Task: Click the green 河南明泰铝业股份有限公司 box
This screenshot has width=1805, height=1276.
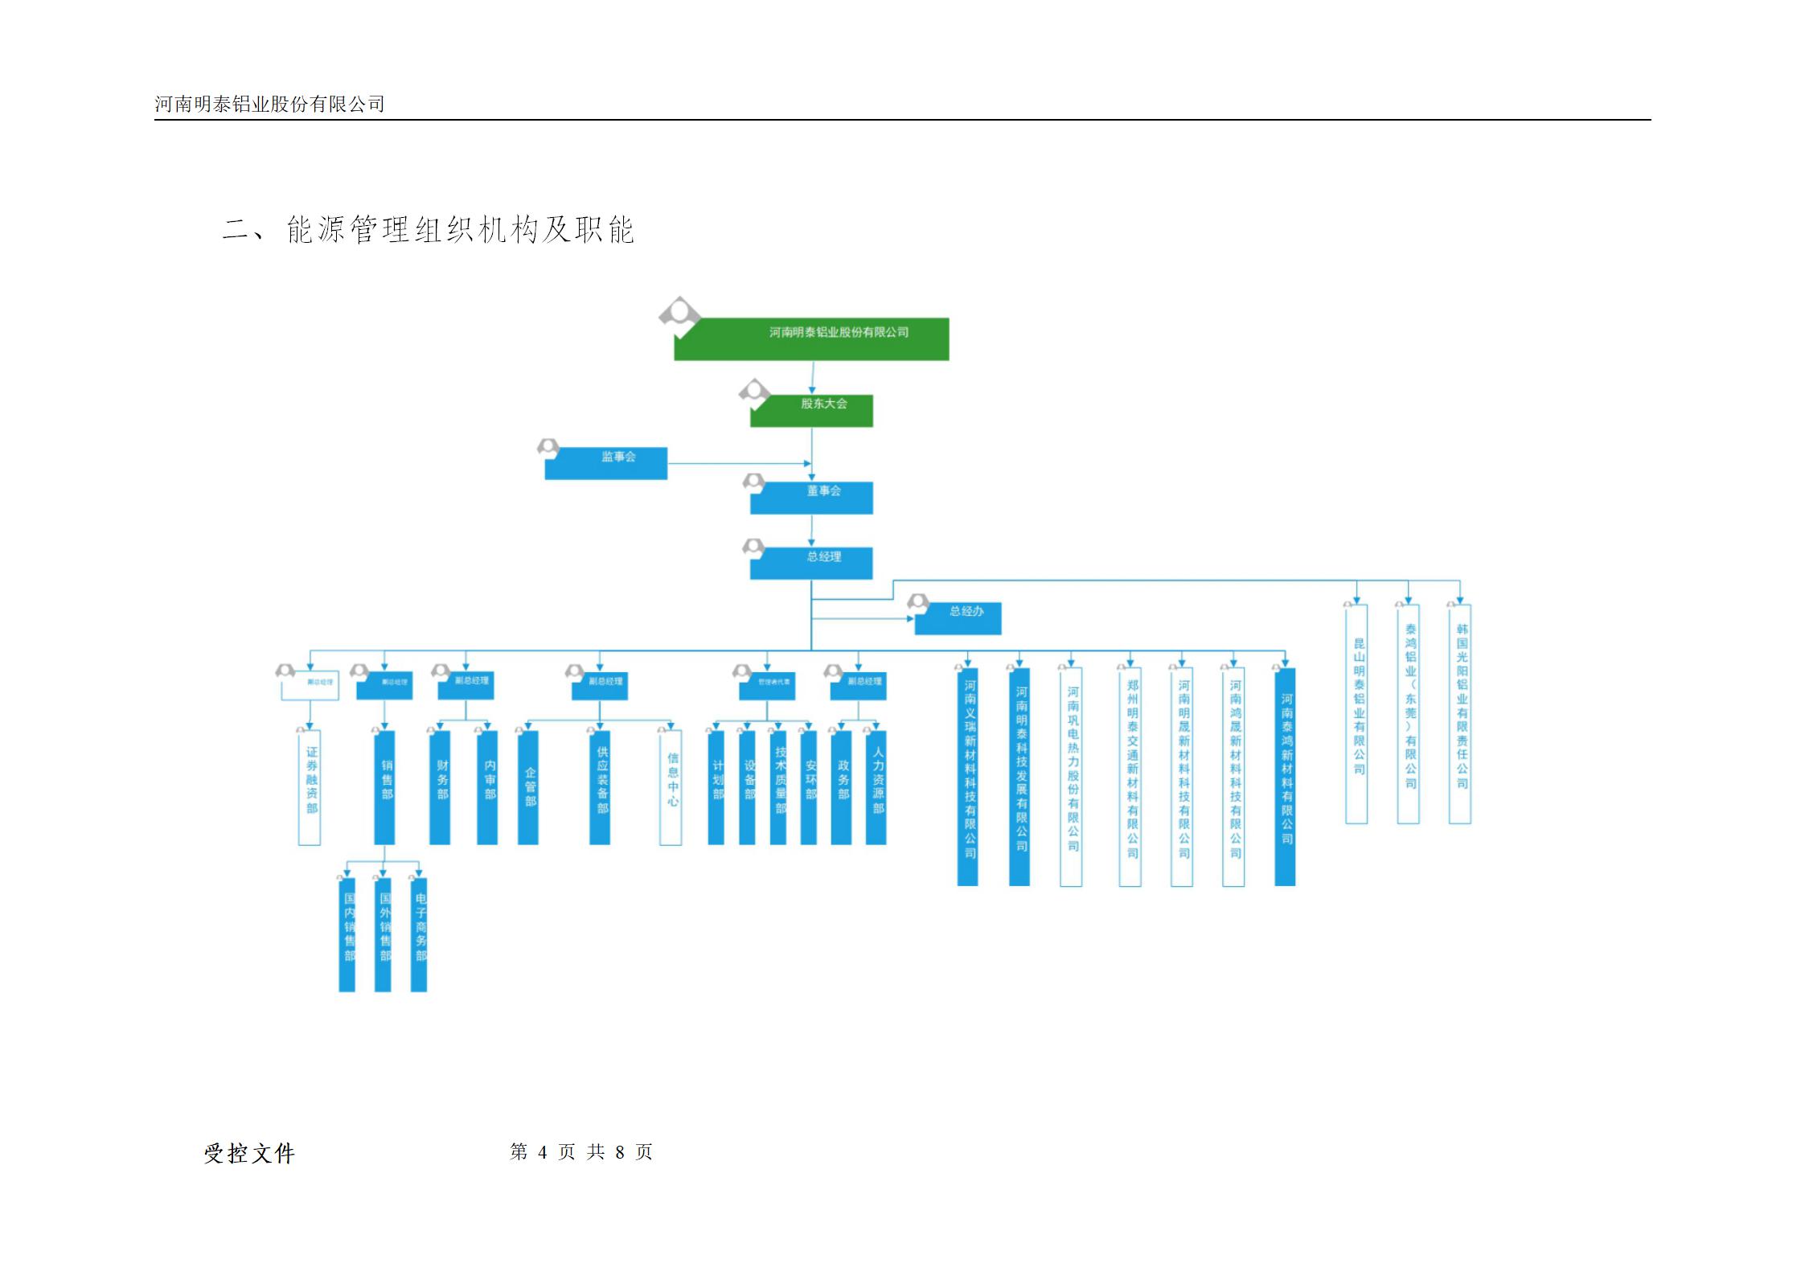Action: pos(811,338)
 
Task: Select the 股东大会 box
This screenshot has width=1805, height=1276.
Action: pos(811,410)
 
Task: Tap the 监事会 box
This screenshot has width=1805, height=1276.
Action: pos(605,463)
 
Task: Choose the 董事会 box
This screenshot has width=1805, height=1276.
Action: pos(811,497)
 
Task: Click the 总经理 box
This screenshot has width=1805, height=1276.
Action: pos(811,563)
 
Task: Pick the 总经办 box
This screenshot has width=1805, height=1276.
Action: pos(958,618)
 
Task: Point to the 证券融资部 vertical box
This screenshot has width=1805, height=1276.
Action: pos(310,787)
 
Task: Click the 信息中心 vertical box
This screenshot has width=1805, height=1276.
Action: pos(671,787)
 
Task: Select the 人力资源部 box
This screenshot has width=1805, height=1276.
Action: pos(876,787)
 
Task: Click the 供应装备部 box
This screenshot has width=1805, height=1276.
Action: pos(600,787)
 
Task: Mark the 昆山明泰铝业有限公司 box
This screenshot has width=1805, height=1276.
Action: pos(1356,714)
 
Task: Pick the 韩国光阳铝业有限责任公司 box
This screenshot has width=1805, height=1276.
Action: pos(1460,714)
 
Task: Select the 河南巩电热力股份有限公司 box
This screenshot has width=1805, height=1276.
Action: pos(1071,777)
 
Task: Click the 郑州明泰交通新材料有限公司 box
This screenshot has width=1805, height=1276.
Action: pos(1130,777)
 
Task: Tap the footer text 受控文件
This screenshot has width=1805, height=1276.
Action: pos(249,1154)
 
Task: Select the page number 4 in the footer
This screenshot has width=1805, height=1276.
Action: pos(543,1152)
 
